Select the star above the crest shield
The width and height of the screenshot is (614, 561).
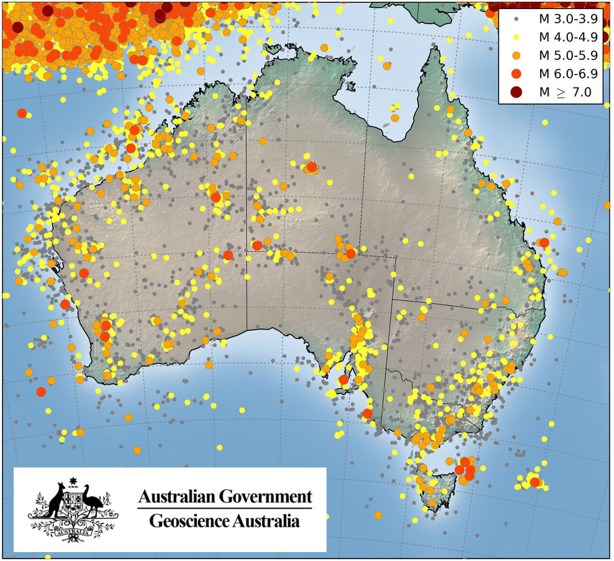(74, 481)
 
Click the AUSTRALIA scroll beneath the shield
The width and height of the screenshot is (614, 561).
(74, 530)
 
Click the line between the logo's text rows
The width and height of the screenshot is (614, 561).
(224, 508)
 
